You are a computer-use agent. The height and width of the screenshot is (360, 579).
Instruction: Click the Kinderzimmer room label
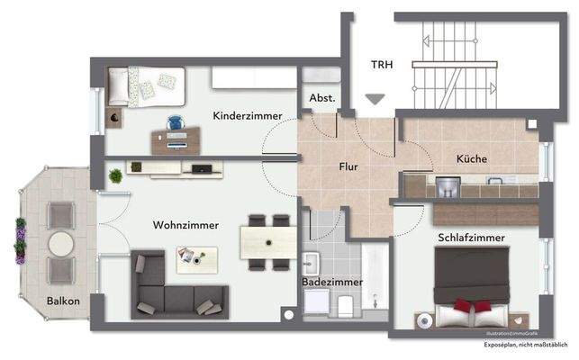point(247,116)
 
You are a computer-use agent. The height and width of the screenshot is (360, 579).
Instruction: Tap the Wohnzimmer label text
point(185,225)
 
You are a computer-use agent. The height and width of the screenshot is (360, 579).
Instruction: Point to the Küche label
point(471,158)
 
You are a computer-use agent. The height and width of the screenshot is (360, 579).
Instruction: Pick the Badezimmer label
point(332,282)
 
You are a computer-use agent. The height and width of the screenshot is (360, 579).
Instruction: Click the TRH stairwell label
point(384,64)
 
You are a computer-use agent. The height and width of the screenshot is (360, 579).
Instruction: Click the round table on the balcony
point(60,245)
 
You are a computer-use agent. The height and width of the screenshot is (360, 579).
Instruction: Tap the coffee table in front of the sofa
point(197,261)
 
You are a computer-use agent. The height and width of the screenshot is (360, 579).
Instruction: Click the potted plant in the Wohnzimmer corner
point(115,175)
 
